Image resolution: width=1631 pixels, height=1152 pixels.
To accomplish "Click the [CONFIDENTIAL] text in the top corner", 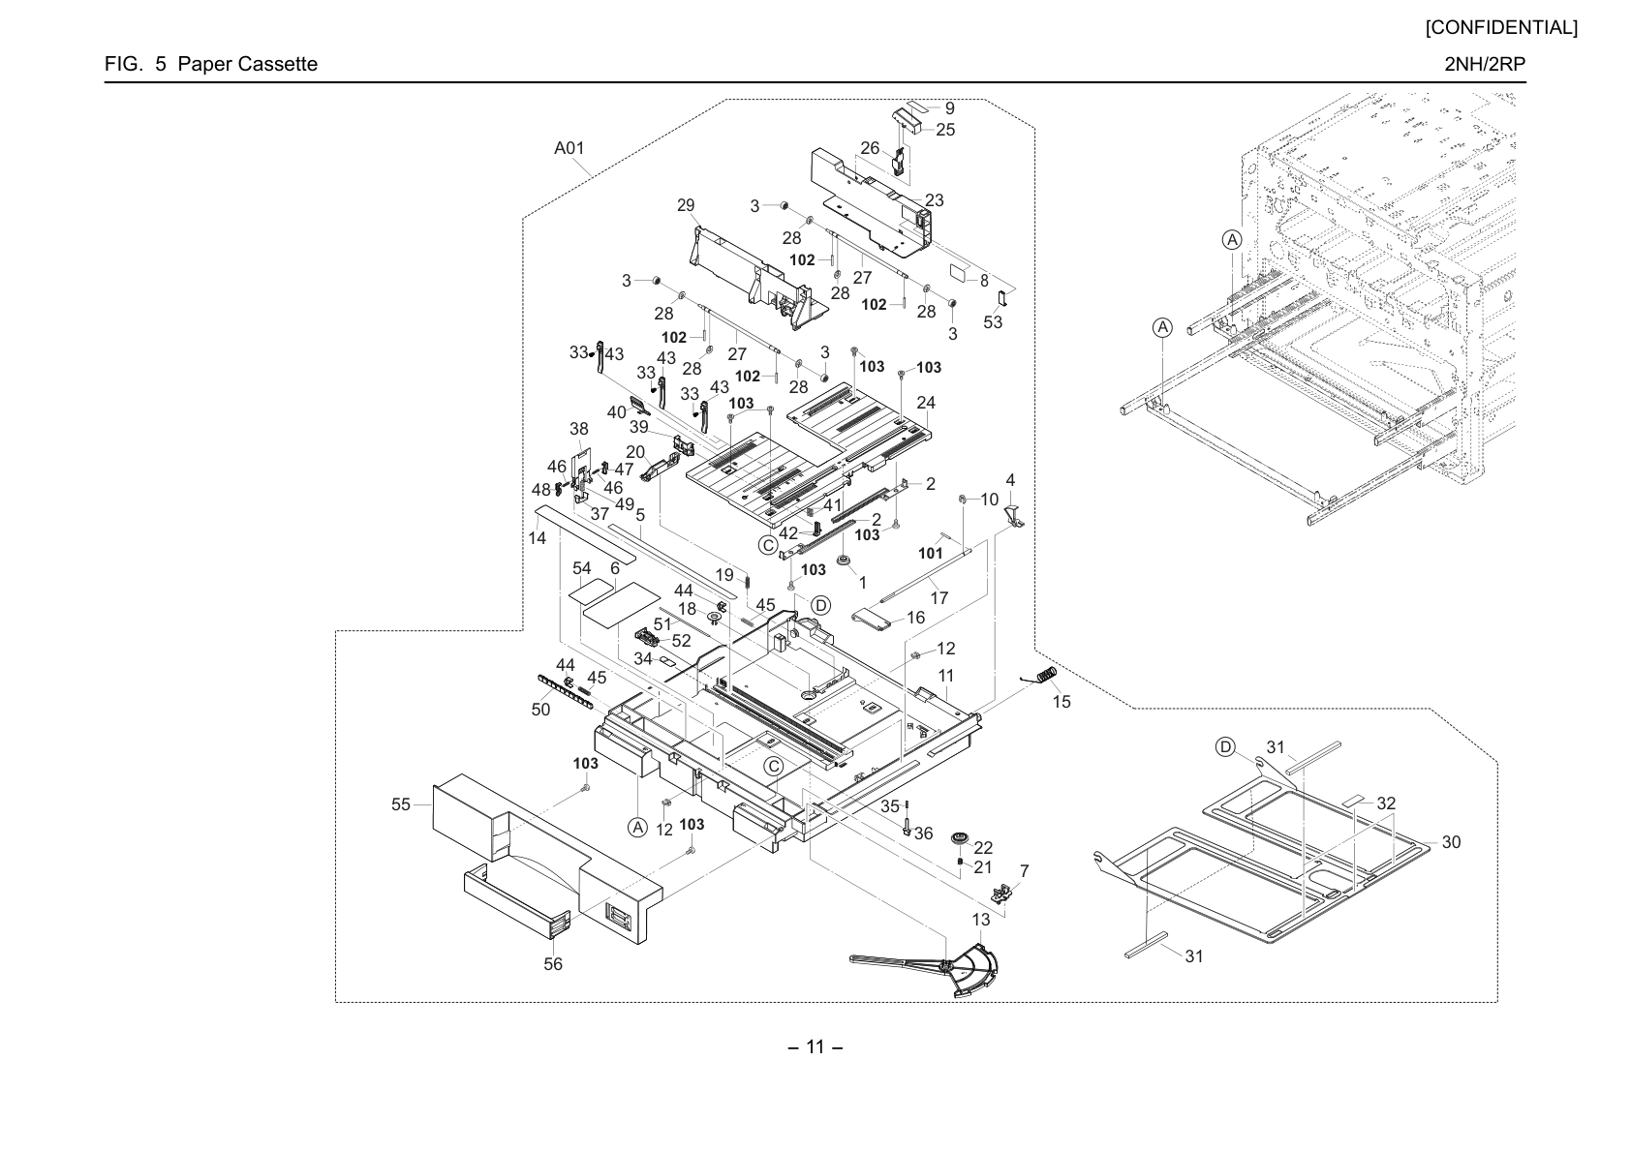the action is tap(1501, 28).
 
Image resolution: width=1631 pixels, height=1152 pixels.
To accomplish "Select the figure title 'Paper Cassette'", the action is tap(248, 64).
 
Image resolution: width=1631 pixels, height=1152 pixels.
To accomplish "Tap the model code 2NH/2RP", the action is tap(1485, 64).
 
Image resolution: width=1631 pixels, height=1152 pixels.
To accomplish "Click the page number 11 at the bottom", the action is tap(815, 1047).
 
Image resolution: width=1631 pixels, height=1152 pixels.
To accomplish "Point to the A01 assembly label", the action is tap(569, 148).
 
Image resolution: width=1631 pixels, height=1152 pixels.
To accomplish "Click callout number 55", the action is tap(401, 804).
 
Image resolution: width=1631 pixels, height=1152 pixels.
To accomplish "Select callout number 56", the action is tap(553, 964).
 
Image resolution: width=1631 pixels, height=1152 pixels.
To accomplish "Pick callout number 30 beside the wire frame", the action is tap(1451, 842).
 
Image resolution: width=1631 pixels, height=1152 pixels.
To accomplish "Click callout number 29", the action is tap(686, 205).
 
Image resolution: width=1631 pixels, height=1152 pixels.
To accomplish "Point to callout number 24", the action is tap(926, 403).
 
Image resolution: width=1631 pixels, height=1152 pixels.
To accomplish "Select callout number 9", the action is tap(949, 108).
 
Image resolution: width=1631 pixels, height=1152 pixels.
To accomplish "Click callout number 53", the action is tap(993, 321).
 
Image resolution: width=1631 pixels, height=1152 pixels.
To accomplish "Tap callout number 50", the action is tap(541, 710).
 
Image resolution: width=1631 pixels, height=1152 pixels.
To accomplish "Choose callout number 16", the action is tap(915, 618).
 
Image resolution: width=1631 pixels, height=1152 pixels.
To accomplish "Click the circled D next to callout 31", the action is tap(1226, 747).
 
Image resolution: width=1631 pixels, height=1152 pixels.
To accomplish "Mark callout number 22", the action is tap(984, 848).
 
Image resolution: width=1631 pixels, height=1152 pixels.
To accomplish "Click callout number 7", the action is tap(1025, 871).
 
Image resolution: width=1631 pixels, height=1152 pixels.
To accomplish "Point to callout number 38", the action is tap(579, 429).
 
